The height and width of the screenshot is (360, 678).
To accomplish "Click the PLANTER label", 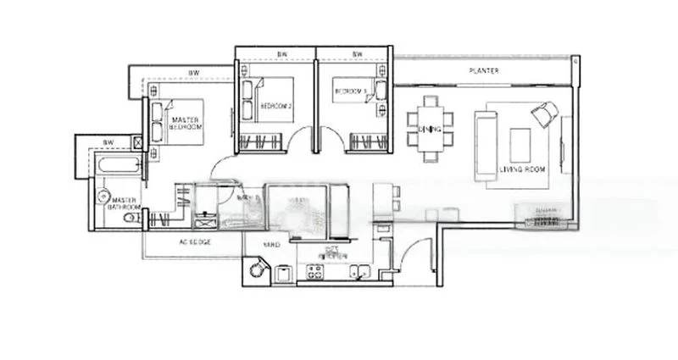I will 485,71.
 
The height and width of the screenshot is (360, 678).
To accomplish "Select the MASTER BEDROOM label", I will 186,125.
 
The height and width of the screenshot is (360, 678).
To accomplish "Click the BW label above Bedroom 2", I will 281,55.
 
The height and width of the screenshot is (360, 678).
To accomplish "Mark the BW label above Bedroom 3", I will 357,55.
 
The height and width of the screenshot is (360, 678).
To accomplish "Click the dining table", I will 431,128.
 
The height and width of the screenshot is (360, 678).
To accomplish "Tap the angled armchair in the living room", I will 544,114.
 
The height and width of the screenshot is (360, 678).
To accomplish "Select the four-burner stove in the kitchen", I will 314,272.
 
